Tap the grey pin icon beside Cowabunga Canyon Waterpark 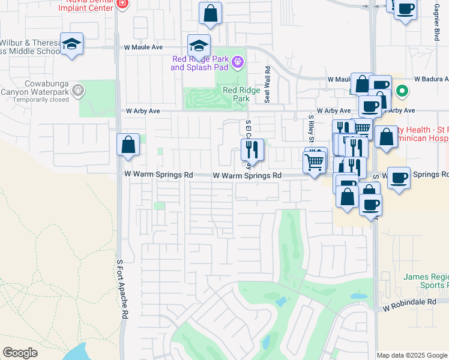click(77, 91)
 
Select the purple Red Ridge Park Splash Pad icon click(238, 61)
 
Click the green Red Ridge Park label click(236, 94)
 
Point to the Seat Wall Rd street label click(268, 85)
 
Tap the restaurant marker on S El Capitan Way click(252, 150)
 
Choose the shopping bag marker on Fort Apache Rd click(128, 145)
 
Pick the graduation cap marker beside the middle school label click(71, 44)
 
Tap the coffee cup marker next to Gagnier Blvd click(405, 9)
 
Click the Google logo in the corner click(20, 353)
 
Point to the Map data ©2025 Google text click(411, 355)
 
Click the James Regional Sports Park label click(426, 281)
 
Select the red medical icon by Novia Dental click(122, 4)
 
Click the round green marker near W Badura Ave click(403, 91)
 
